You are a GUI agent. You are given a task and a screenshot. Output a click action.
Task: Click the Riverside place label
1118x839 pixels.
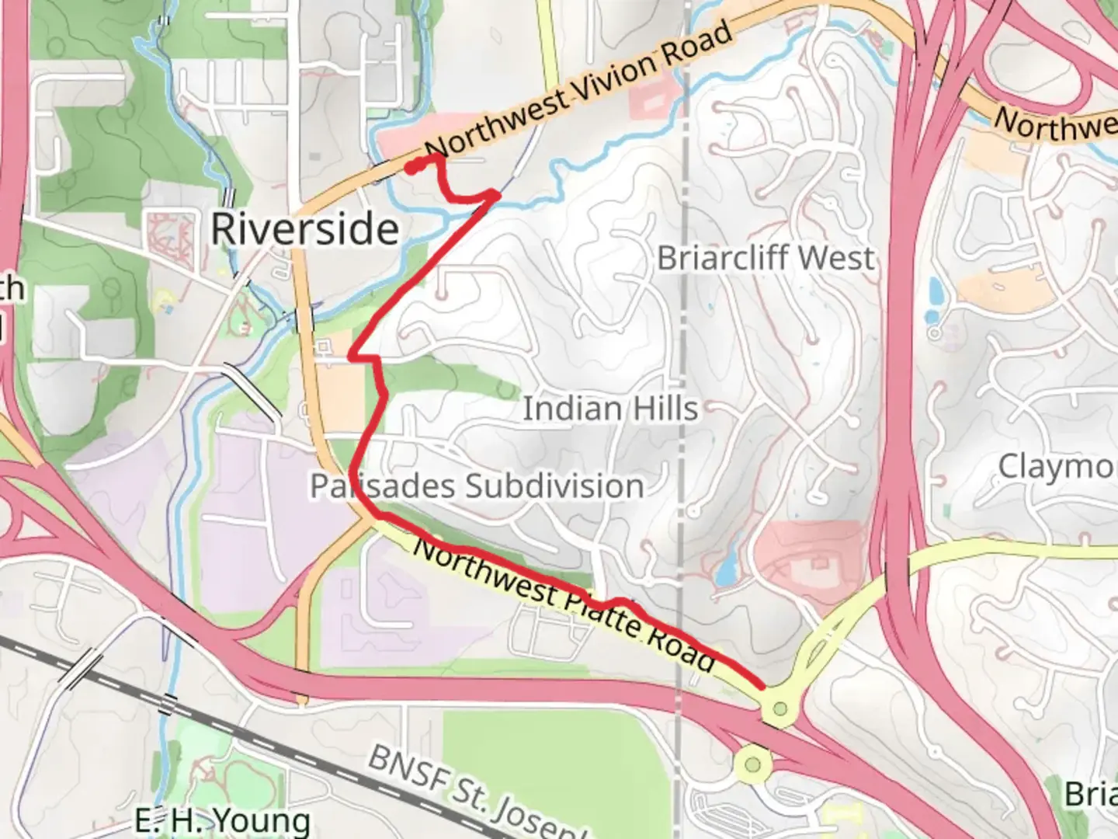click(305, 229)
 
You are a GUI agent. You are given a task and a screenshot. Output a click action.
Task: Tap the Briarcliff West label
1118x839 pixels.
click(766, 258)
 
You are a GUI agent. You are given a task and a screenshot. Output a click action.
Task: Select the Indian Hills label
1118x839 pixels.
click(609, 409)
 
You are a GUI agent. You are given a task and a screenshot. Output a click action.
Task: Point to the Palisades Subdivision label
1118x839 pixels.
click(477, 486)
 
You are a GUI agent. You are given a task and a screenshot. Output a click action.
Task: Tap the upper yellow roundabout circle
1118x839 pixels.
click(780, 708)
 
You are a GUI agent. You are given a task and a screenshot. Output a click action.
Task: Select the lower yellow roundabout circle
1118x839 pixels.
click(752, 764)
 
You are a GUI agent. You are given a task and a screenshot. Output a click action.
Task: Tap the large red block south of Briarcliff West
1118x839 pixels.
click(811, 555)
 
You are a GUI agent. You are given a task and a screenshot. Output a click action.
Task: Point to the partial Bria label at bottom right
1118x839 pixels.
click(1091, 795)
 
